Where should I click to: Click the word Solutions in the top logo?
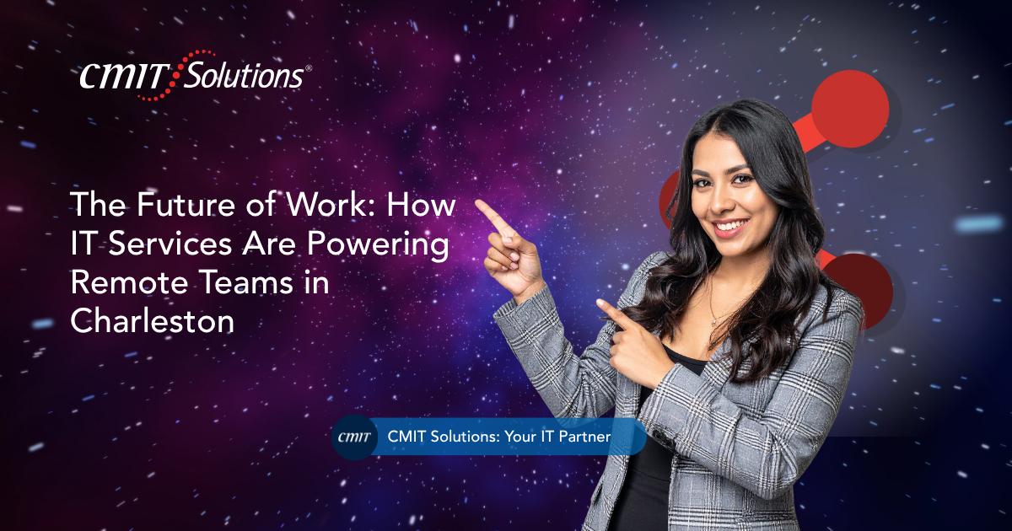pyautogui.click(x=244, y=75)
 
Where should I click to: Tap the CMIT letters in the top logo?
pyautogui.click(x=124, y=76)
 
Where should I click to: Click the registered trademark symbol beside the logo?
pyautogui.click(x=309, y=68)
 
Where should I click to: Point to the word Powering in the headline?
pyautogui.click(x=378, y=245)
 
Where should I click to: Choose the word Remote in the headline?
pyautogui.click(x=129, y=282)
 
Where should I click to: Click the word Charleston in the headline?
pyautogui.click(x=153, y=321)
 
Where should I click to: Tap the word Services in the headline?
pyautogui.click(x=170, y=244)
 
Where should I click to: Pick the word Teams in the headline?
pyautogui.click(x=246, y=282)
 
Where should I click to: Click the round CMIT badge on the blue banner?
pyautogui.click(x=355, y=437)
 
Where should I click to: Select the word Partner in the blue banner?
pyautogui.click(x=584, y=437)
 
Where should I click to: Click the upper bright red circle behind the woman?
pyautogui.click(x=850, y=109)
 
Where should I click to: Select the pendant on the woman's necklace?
pyautogui.click(x=714, y=321)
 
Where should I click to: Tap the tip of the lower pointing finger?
pyautogui.click(x=600, y=302)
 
